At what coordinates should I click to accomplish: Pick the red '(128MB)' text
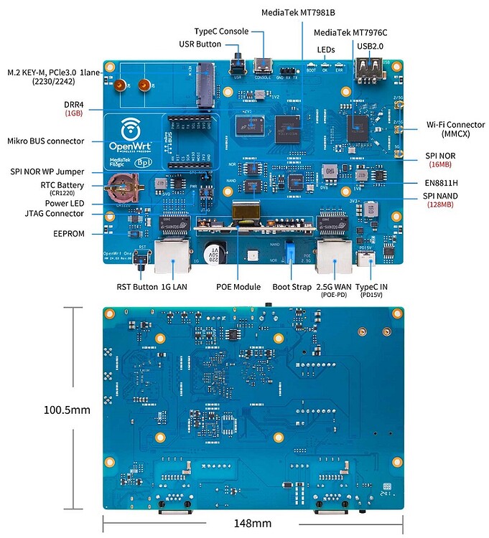(x=450, y=204)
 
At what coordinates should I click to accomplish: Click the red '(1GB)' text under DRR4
(x=73, y=113)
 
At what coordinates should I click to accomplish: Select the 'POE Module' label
(x=238, y=286)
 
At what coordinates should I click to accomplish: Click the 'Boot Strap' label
(x=290, y=286)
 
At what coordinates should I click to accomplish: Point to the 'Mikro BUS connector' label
(x=46, y=141)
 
